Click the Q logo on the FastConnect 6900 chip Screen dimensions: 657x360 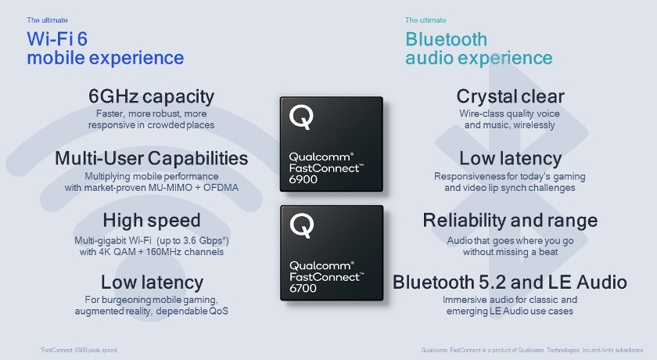point(301,117)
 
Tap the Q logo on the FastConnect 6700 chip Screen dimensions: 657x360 point(302,225)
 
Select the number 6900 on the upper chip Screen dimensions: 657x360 point(303,179)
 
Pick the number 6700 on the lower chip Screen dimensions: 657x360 point(303,288)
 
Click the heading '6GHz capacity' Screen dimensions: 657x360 point(151,97)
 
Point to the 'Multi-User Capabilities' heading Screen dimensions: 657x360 point(151,158)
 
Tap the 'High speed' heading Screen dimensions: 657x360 point(152,221)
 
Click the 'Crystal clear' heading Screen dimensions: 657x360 point(510,97)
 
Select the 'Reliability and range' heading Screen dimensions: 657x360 point(510,221)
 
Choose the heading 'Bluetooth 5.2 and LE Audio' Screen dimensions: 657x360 point(509,283)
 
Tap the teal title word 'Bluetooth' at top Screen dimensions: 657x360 point(447,39)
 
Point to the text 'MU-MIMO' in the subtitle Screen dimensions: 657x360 point(170,188)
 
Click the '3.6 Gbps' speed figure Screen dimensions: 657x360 point(206,241)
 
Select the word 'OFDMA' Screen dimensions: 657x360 point(221,188)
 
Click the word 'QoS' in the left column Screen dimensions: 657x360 point(219,311)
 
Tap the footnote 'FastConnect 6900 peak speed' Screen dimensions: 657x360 point(78,350)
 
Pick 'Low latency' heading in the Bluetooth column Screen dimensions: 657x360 point(510,159)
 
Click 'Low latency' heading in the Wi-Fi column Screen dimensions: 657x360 point(152,283)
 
